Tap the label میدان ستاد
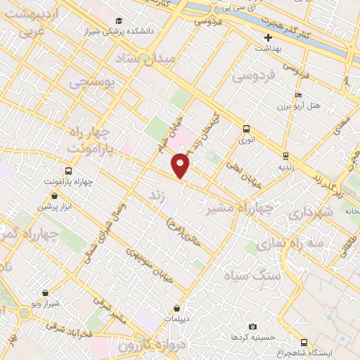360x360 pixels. click(167, 59)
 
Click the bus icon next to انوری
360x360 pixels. click(246, 129)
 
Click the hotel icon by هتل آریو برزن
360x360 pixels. click(298, 95)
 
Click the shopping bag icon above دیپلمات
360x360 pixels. click(176, 308)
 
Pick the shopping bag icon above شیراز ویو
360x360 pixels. click(46, 292)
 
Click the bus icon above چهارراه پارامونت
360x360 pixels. click(68, 171)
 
